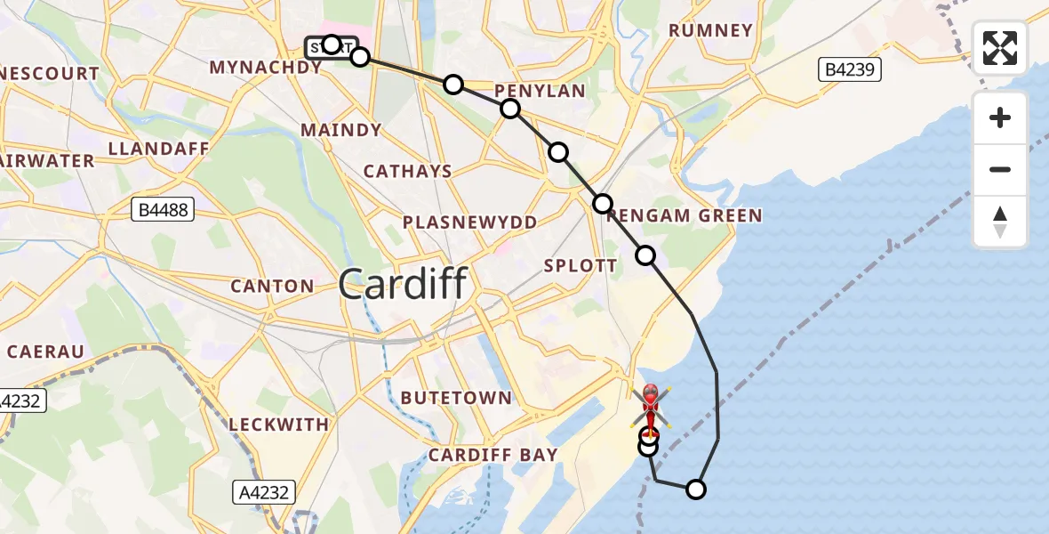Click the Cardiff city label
tap(403, 284)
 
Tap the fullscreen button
tap(1000, 48)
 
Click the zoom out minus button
tap(1000, 169)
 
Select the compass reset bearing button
tap(1000, 222)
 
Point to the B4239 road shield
tap(850, 69)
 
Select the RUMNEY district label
tap(710, 30)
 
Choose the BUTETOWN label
tap(456, 398)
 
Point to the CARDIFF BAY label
tap(493, 455)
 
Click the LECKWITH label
tap(279, 425)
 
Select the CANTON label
tap(272, 287)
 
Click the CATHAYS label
tap(408, 171)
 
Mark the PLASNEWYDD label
tap(469, 222)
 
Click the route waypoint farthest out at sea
tap(696, 489)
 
